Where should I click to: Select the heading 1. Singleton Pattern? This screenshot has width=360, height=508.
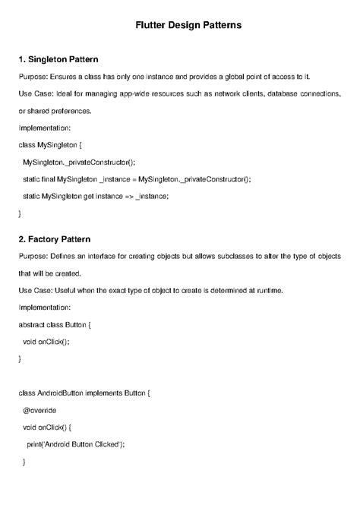(58, 59)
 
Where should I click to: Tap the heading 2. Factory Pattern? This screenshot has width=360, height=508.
(54, 238)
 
